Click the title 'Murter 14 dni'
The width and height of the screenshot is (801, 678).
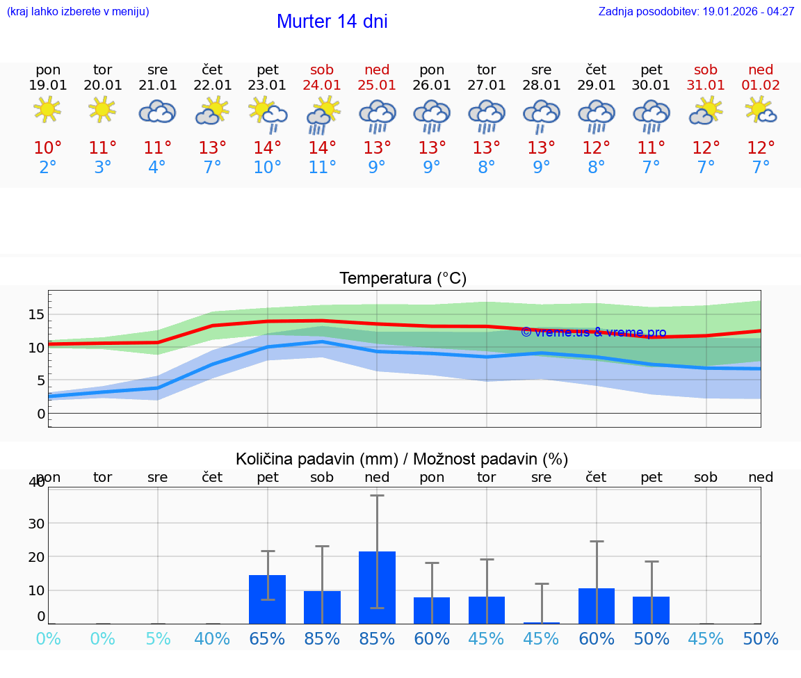332,22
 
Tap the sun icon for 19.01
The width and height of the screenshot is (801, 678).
47,111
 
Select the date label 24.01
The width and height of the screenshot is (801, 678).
322,86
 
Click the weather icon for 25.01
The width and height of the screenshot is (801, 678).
377,115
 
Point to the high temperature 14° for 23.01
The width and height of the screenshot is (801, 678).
268,148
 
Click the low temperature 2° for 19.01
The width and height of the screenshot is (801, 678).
47,168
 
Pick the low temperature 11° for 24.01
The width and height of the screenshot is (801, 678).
322,168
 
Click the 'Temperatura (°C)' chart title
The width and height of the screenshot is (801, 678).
403,279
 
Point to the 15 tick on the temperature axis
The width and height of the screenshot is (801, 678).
36,314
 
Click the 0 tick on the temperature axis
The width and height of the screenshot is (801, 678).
41,414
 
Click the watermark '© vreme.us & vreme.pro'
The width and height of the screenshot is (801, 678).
593,332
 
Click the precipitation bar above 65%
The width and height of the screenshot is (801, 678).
268,599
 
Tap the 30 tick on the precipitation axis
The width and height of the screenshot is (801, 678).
36,524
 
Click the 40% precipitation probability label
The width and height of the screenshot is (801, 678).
212,639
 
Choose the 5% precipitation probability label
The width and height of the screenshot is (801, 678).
158,639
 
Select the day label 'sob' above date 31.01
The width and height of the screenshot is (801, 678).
706,70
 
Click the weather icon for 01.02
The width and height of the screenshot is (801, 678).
761,111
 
